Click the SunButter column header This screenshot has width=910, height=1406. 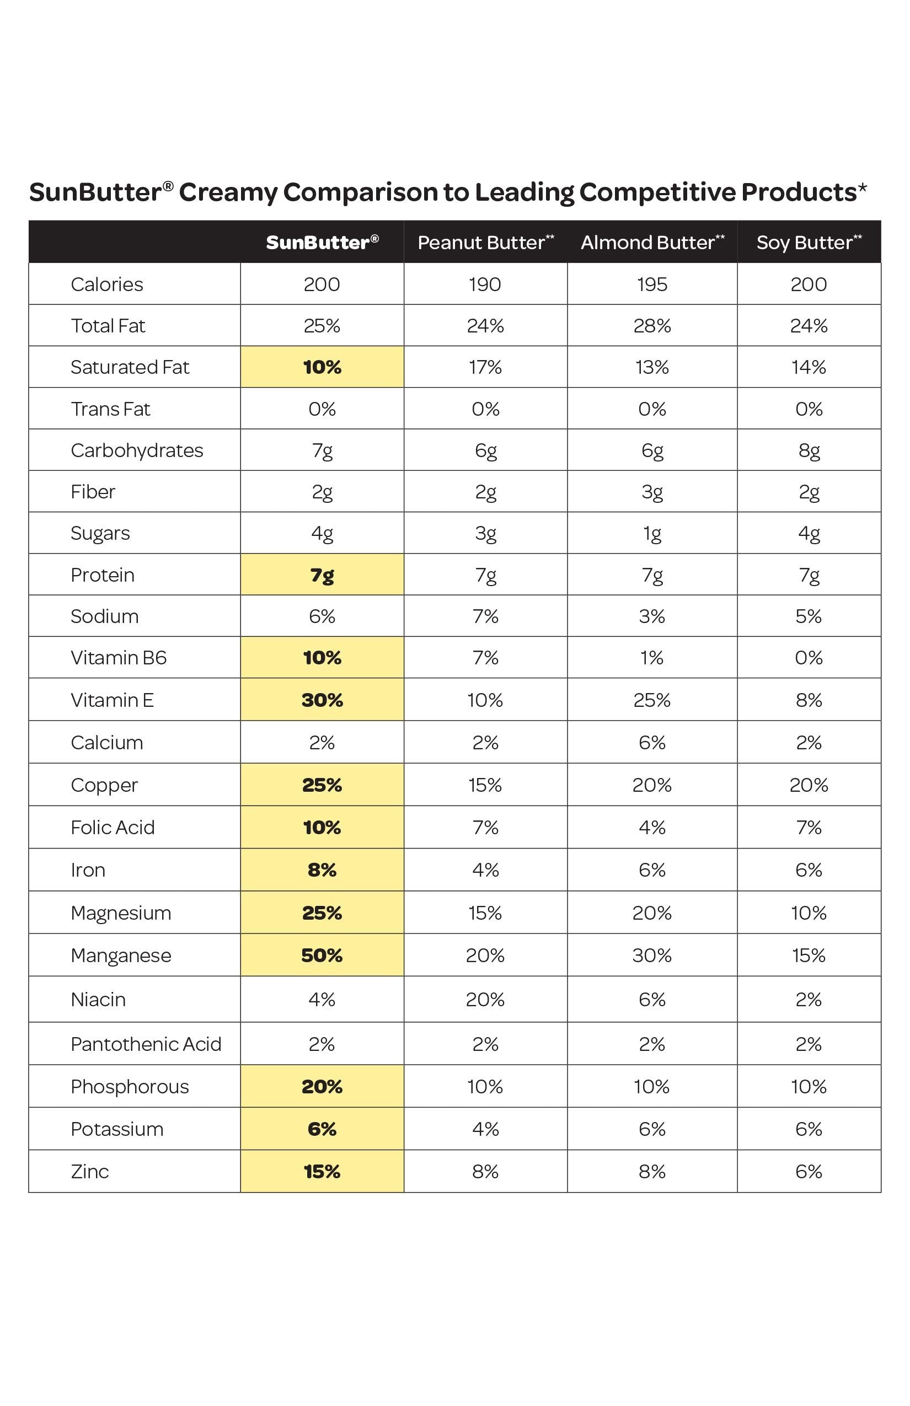pos(322,242)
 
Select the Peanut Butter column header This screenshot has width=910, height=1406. pos(485,242)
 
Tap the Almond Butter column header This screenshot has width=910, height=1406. pos(652,242)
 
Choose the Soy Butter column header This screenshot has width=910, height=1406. pos(809,242)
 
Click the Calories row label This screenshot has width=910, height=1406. pos(107,284)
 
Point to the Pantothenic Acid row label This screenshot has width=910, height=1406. pos(146,1044)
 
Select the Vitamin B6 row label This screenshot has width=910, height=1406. pos(119,657)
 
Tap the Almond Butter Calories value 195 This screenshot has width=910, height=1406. pos(652,284)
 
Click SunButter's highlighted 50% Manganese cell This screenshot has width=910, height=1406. pos(322,955)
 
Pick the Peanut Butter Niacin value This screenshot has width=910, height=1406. pos(485,999)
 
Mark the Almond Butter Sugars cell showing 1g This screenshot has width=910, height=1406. pos(652,533)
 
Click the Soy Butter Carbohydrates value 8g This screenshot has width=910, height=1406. pos(809,450)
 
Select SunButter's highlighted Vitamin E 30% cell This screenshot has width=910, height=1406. pos(322,700)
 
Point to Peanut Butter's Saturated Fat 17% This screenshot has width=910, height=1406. pos(485,367)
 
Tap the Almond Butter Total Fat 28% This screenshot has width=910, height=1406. pos(652,325)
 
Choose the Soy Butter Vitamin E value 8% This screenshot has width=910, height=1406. pos(809,700)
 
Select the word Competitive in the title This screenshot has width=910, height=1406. pos(656,192)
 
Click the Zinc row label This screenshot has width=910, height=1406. pos(90,1172)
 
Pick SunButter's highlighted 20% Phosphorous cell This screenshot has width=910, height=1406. pos(322,1086)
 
